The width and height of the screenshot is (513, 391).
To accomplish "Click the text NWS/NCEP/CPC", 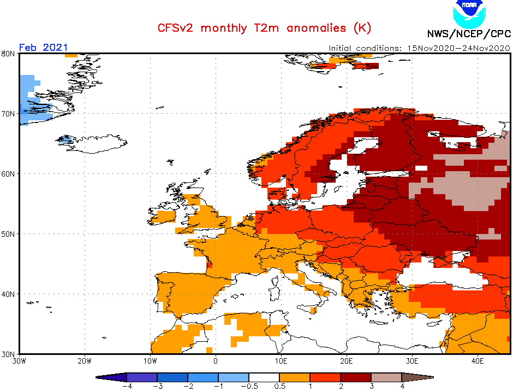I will pos(468,33).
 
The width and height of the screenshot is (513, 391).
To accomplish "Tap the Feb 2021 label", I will pos(44,48).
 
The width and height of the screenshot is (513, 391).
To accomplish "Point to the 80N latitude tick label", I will pos(8,54).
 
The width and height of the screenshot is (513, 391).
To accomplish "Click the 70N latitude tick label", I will pos(8,114).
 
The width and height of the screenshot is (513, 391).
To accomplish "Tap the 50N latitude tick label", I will pos(8,234).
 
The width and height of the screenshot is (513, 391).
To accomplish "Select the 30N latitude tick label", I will pos(8,354).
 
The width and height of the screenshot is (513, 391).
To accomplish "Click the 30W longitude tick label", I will pos(19,361).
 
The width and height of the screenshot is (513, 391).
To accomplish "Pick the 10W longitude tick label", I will pos(150,361).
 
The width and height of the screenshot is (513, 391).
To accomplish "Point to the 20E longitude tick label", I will pos(347,361).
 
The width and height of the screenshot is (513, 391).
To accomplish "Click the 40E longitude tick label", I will pos(478,361).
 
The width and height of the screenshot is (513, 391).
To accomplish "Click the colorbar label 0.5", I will pos(279,386).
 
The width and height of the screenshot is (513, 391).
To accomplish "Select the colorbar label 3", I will pos(372,386).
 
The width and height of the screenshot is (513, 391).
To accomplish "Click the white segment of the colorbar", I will pos(264,377).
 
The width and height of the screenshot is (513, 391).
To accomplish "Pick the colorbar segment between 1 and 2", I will pos(325,377).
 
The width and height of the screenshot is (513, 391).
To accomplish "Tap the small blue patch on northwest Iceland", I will pos(65,139).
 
